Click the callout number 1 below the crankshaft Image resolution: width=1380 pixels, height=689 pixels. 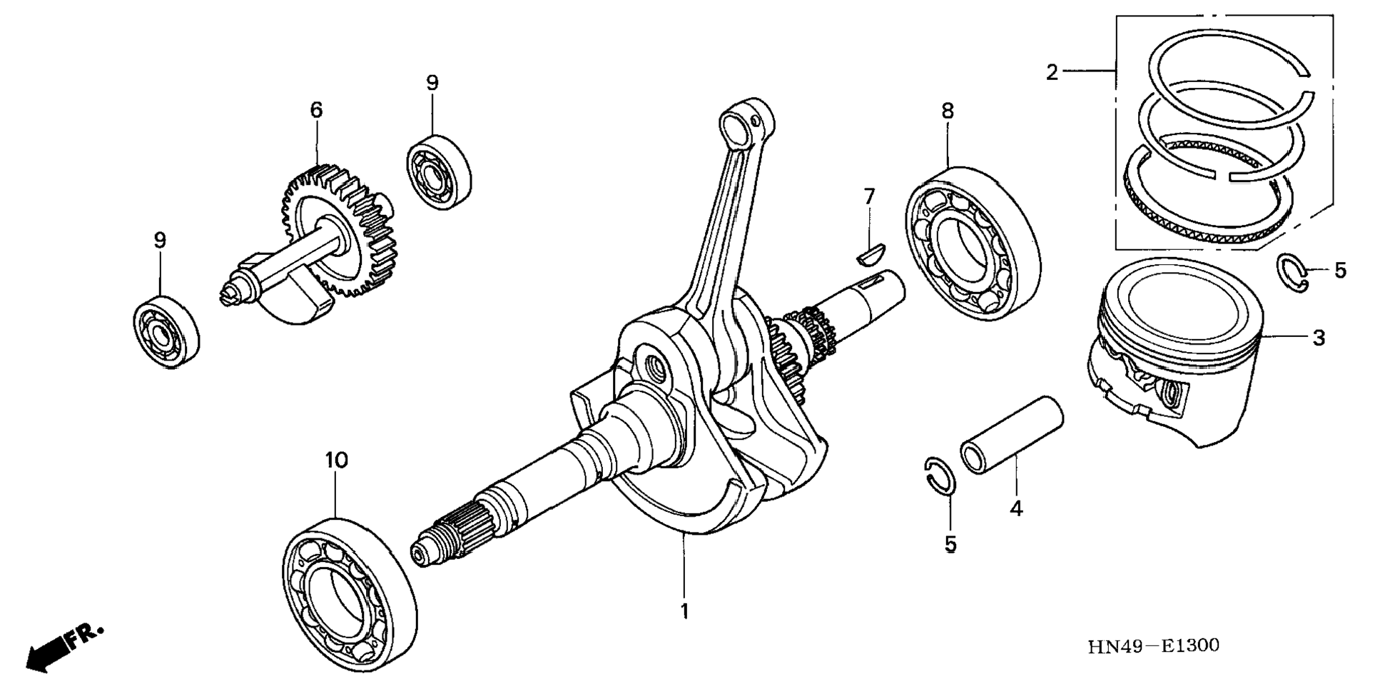tap(684, 612)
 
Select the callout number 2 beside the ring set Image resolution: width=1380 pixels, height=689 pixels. tap(1052, 72)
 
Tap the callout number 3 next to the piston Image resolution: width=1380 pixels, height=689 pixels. tap(1319, 338)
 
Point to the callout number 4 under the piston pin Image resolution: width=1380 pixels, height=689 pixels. tap(1016, 509)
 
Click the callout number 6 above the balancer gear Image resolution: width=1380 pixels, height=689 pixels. tap(316, 110)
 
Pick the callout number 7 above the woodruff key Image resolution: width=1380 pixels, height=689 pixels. tap(868, 196)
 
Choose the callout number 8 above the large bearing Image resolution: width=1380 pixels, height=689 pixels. tap(947, 111)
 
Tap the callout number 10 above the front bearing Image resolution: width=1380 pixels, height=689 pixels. tap(336, 461)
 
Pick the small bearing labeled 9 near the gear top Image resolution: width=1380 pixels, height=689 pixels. tap(439, 171)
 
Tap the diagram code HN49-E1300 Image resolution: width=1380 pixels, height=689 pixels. tap(1153, 646)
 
